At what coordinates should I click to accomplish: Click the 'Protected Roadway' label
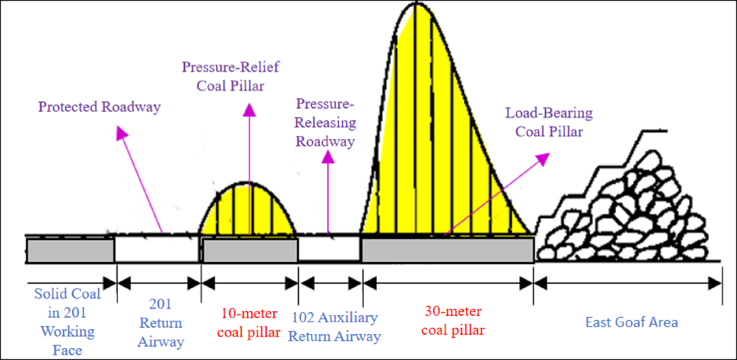pos(99,106)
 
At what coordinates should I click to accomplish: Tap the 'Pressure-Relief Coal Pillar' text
pos(230,75)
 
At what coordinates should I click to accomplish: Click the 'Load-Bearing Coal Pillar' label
pos(548,122)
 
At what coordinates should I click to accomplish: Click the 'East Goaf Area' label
pos(631,322)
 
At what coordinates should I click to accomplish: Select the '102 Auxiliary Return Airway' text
pos(336,327)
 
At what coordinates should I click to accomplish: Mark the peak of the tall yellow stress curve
pos(416,5)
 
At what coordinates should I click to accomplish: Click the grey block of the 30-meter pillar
pos(447,250)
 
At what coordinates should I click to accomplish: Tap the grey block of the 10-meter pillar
pos(250,250)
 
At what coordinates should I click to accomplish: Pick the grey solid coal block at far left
pos(69,250)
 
